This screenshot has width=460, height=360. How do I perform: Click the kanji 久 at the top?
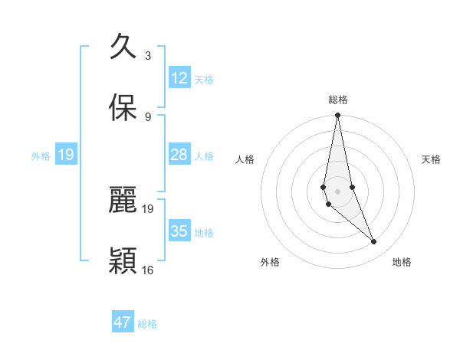pos(123,47)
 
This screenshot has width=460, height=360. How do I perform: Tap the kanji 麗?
pos(123,201)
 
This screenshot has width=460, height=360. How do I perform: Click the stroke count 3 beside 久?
pos(148,55)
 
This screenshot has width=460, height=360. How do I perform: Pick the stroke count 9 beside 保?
pos(148,116)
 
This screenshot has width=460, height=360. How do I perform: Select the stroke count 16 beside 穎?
pos(148,270)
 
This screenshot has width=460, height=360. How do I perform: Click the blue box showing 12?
pos(179,78)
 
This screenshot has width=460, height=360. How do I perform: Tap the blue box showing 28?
pos(179,155)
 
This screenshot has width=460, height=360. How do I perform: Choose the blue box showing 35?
pos(179,231)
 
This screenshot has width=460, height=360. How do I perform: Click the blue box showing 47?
pos(123,322)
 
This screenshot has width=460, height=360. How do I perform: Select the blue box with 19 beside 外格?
pos(66,155)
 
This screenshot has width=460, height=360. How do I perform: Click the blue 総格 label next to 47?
pos(147,324)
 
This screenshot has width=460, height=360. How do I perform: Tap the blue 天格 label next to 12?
pos(204,79)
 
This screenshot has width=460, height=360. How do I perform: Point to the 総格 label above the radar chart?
pos(338,100)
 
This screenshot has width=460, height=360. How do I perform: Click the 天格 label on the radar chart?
pos(432,159)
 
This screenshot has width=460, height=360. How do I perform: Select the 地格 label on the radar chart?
pos(402,262)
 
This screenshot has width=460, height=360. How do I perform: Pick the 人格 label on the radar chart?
pos(245,159)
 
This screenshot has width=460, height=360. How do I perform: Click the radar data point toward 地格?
pos(374,242)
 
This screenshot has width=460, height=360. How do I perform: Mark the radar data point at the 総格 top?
pos(337,116)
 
